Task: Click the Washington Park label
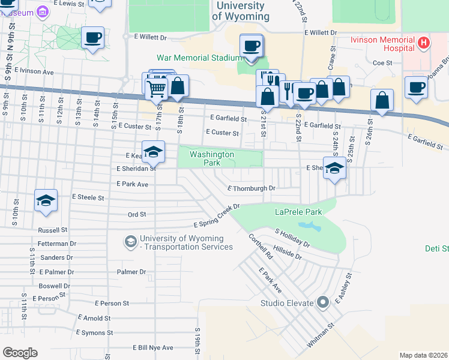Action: click(211, 158)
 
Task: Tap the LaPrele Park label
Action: click(298, 212)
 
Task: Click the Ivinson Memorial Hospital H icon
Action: click(424, 43)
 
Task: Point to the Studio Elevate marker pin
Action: click(322, 302)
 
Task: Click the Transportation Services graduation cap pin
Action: click(130, 241)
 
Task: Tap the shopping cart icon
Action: click(157, 88)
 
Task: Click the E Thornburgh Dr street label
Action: click(251, 188)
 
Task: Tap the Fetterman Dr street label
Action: click(56, 244)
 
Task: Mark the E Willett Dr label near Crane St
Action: click(321, 32)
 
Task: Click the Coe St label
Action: click(382, 62)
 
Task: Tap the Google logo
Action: click(20, 353)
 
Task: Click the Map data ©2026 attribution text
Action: click(424, 355)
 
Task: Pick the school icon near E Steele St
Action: click(45, 201)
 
